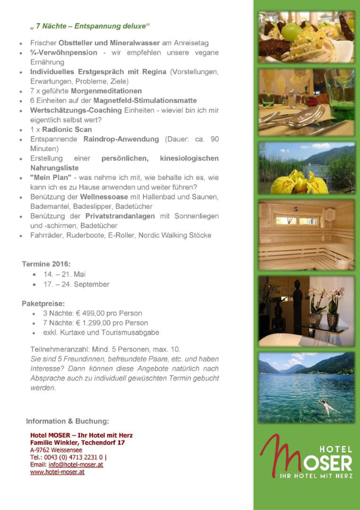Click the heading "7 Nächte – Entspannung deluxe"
click(90, 26)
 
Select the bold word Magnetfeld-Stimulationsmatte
click(145, 101)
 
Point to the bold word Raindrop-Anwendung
click(121, 139)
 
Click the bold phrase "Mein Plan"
click(51, 177)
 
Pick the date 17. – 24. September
click(76, 284)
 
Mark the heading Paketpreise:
click(43, 304)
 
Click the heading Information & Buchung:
click(67, 421)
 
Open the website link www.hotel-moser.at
click(57, 472)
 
